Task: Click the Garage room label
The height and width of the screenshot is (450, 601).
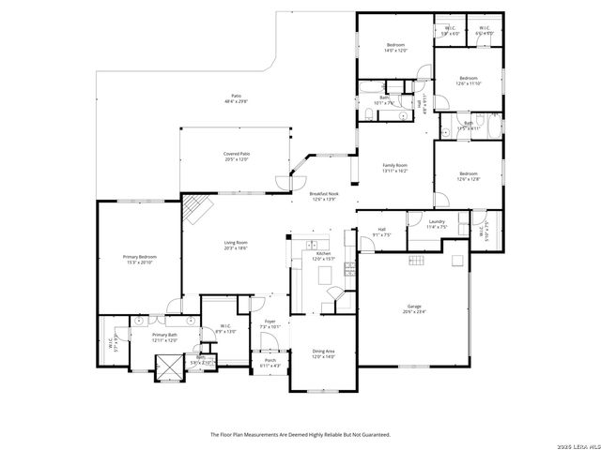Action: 413,306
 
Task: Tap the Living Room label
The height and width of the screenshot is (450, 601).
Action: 235,244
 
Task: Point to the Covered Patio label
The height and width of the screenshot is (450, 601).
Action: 237,154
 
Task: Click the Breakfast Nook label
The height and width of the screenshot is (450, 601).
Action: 323,194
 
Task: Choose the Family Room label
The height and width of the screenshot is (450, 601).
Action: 393,165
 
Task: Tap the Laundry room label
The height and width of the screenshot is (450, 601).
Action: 436,222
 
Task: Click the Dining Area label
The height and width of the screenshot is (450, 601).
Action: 323,352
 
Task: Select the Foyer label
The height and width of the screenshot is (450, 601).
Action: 270,322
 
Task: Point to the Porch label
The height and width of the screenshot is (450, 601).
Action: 270,360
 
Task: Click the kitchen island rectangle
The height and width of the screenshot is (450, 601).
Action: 327,274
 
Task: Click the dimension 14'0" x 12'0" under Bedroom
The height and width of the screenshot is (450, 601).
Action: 395,51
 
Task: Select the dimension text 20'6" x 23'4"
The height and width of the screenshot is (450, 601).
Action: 413,311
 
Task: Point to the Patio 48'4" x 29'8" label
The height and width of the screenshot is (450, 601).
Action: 237,99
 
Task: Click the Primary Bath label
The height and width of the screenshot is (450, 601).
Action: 165,335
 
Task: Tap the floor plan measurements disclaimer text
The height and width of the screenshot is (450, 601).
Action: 300,435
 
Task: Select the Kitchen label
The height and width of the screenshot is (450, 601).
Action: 323,253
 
